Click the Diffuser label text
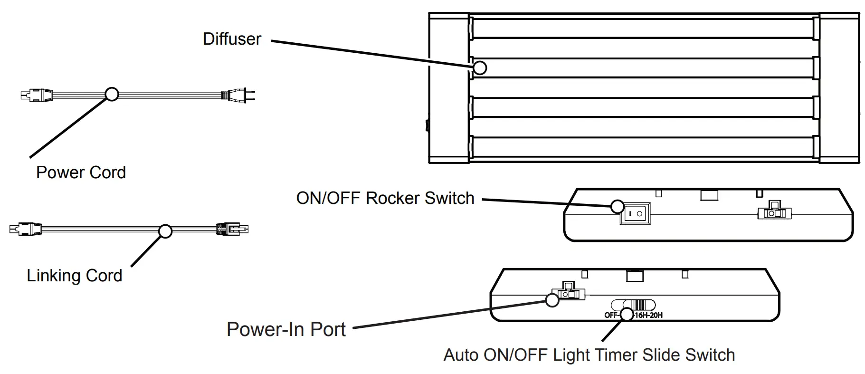click(x=232, y=39)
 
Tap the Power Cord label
click(x=81, y=173)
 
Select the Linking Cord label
click(x=75, y=276)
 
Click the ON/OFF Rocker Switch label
click(x=385, y=198)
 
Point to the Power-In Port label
click(x=286, y=329)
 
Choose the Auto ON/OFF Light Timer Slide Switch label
click(x=589, y=355)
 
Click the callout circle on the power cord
click(x=112, y=94)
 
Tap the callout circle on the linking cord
click(x=165, y=231)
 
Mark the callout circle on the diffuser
click(x=480, y=68)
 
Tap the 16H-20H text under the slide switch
click(x=648, y=315)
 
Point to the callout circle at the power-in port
click(x=552, y=300)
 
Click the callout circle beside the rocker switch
click(x=617, y=206)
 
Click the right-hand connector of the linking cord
click(x=232, y=229)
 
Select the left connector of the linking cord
click(x=25, y=230)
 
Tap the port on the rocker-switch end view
click(x=774, y=211)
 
